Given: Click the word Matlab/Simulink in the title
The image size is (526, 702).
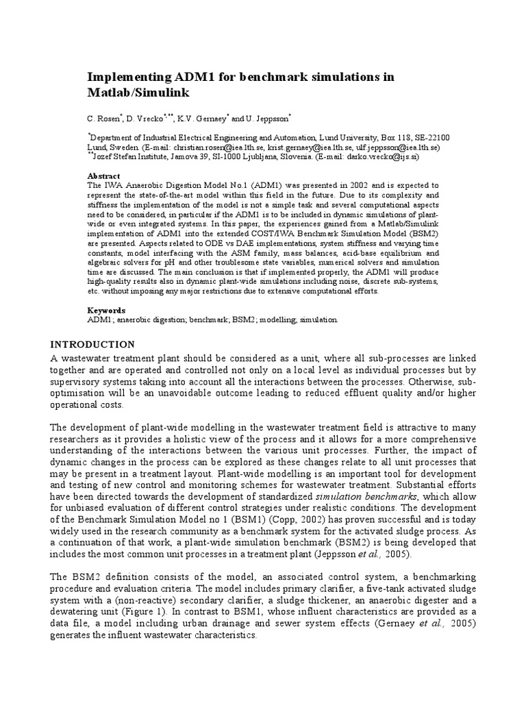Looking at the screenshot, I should (138, 92).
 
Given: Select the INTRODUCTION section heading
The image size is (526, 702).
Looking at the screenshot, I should (94, 344).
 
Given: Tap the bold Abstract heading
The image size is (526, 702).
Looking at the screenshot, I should (103, 176).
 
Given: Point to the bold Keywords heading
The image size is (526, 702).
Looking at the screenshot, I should (106, 310).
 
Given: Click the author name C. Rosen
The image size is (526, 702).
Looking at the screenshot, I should (105, 118).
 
